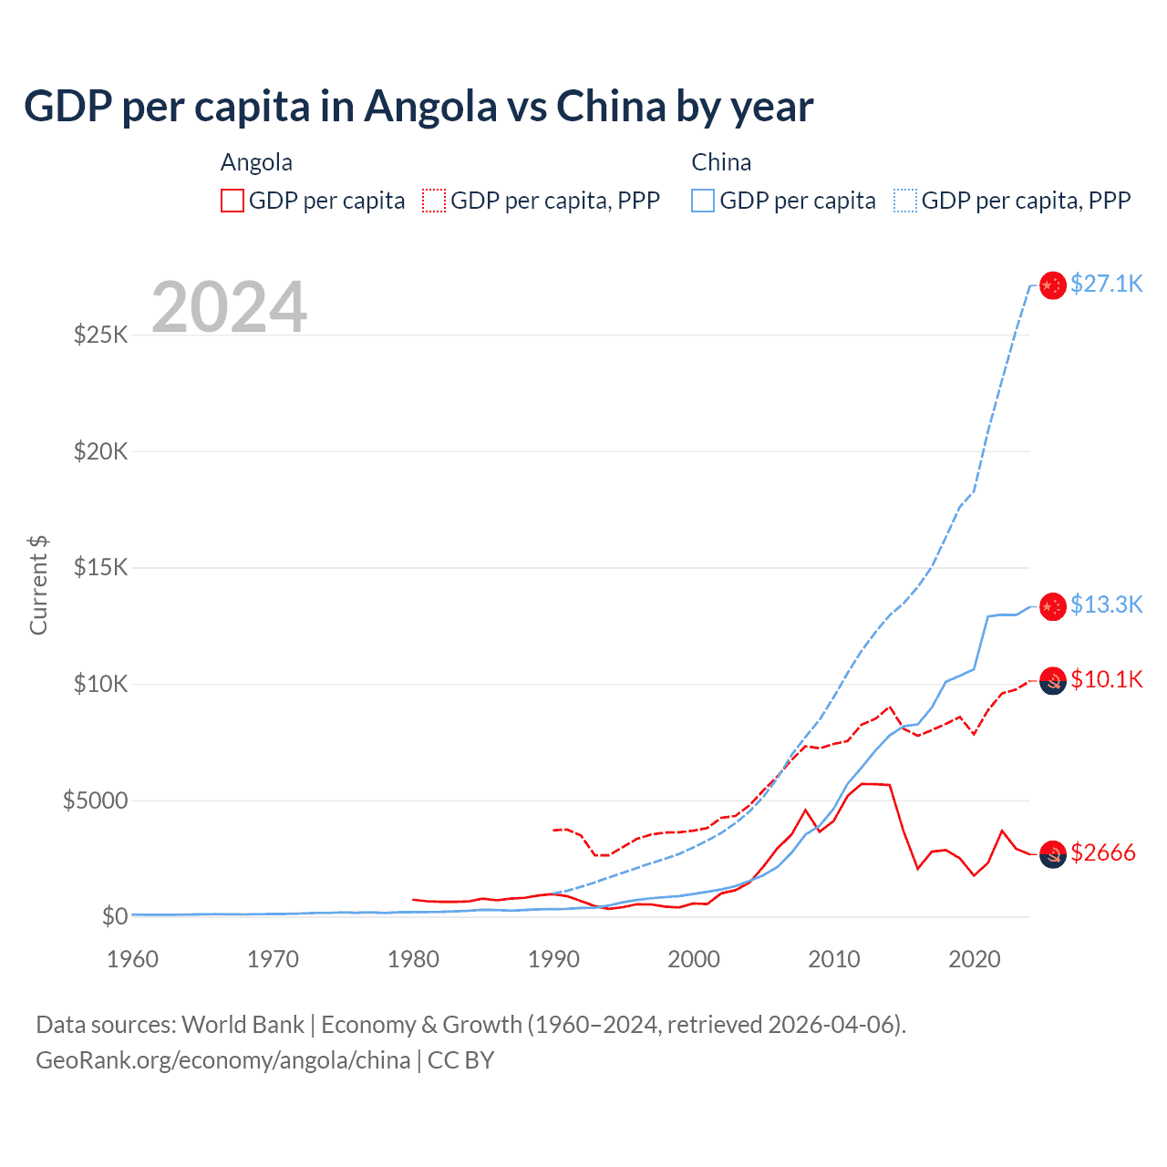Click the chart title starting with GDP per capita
pyautogui.click(x=418, y=107)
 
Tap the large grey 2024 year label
pyautogui.click(x=229, y=307)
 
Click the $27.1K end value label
pyautogui.click(x=1106, y=284)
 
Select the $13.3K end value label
pyautogui.click(x=1106, y=604)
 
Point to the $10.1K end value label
pyautogui.click(x=1106, y=679)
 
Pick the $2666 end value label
pyautogui.click(x=1103, y=852)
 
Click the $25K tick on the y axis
pyautogui.click(x=101, y=335)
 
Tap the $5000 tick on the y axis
pyautogui.click(x=96, y=800)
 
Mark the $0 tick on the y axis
pyautogui.click(x=115, y=916)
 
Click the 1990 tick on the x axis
pyautogui.click(x=553, y=959)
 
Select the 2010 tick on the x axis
pyautogui.click(x=834, y=959)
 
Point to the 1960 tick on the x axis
pyautogui.click(x=133, y=959)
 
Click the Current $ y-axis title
pyautogui.click(x=38, y=584)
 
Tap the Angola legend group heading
pyautogui.click(x=256, y=162)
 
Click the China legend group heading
pyautogui.click(x=721, y=162)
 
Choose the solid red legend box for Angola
pyautogui.click(x=232, y=201)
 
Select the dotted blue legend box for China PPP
pyautogui.click(x=905, y=201)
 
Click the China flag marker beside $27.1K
pyautogui.click(x=1053, y=285)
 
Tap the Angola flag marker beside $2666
pyautogui.click(x=1053, y=854)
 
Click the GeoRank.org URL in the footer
pyautogui.click(x=223, y=1060)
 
